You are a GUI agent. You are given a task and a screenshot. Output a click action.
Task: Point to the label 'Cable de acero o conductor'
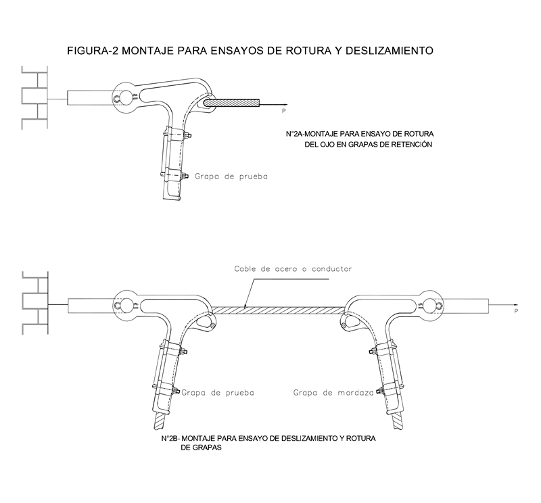(x=293, y=268)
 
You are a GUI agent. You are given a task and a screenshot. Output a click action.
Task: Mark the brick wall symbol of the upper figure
(x=34, y=97)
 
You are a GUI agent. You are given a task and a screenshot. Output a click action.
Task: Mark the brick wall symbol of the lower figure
(x=34, y=302)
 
